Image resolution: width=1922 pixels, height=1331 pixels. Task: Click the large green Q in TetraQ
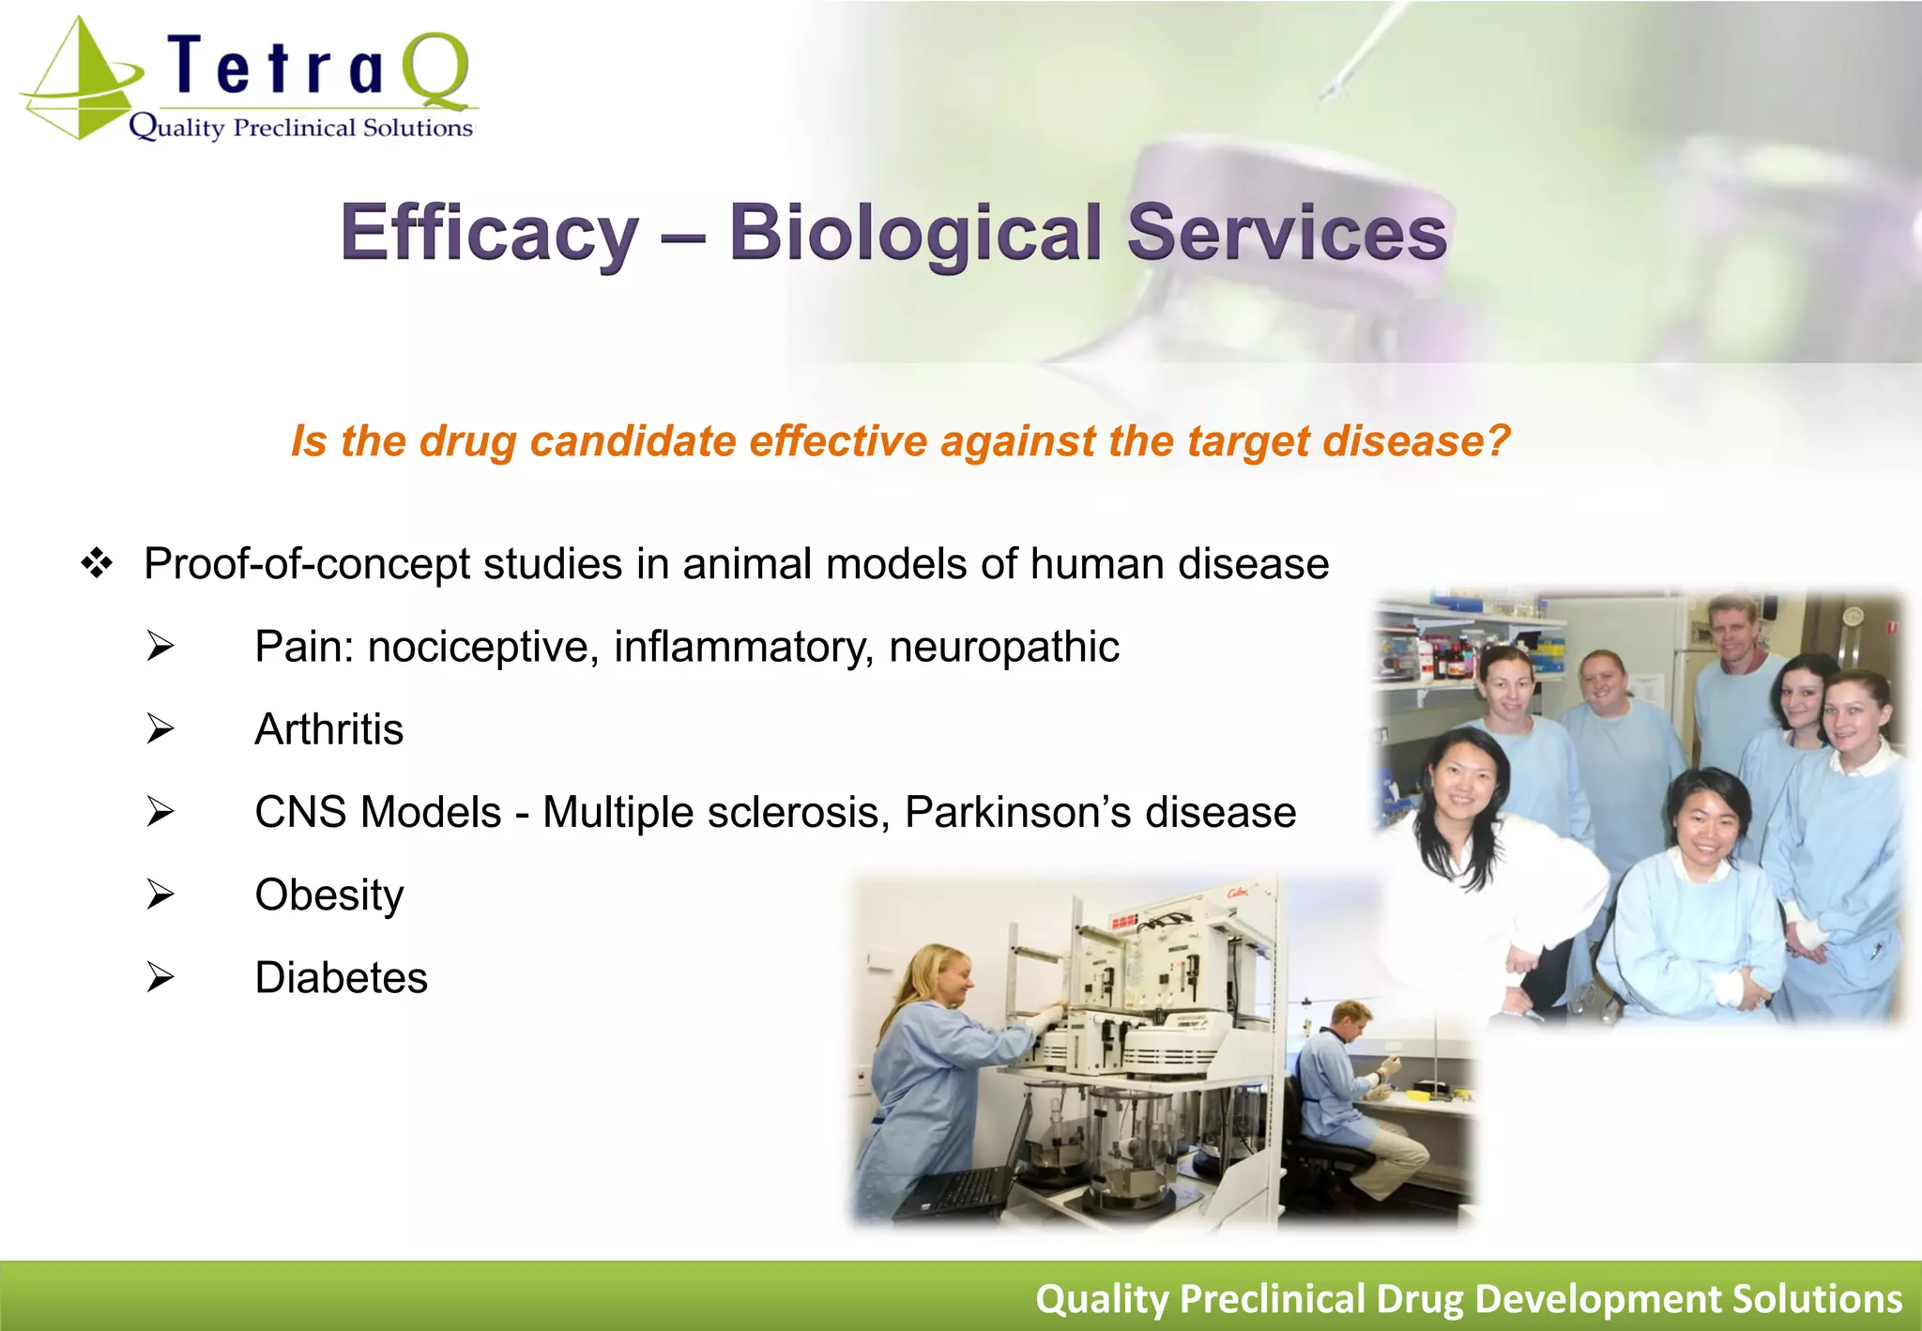tap(435, 70)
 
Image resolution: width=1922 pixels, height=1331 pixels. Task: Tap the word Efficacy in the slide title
tap(489, 233)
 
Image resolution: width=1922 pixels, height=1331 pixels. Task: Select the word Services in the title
tap(1286, 233)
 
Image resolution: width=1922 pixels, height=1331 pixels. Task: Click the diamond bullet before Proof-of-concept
tap(97, 564)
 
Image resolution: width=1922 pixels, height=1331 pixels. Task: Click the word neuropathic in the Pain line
tap(1003, 647)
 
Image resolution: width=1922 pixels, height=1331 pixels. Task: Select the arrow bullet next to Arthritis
tap(160, 729)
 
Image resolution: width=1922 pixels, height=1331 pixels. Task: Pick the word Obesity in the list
tap(328, 895)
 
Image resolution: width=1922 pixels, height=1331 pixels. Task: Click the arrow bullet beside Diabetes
tap(160, 978)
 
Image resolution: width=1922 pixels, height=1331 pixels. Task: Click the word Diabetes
tap(341, 978)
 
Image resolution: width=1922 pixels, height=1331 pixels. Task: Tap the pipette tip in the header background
tap(1333, 90)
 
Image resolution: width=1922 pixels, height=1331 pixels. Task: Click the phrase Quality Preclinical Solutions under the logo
tap(300, 128)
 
